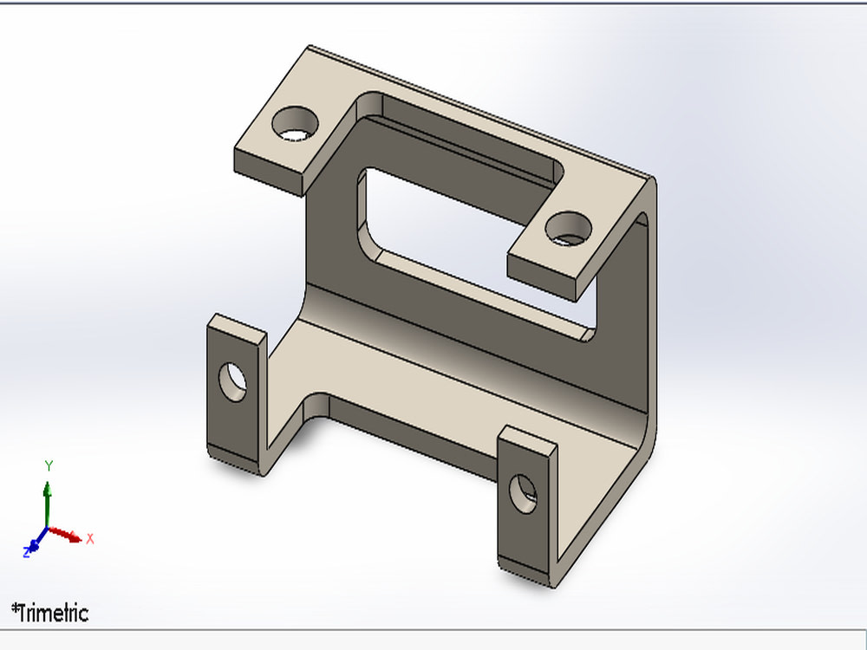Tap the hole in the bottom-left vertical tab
tap(232, 382)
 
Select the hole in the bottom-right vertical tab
tap(524, 494)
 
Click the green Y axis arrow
tap(49, 498)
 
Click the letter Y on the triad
tap(49, 466)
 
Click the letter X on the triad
tap(89, 539)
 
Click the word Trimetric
tap(54, 614)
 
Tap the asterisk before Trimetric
tap(16, 608)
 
